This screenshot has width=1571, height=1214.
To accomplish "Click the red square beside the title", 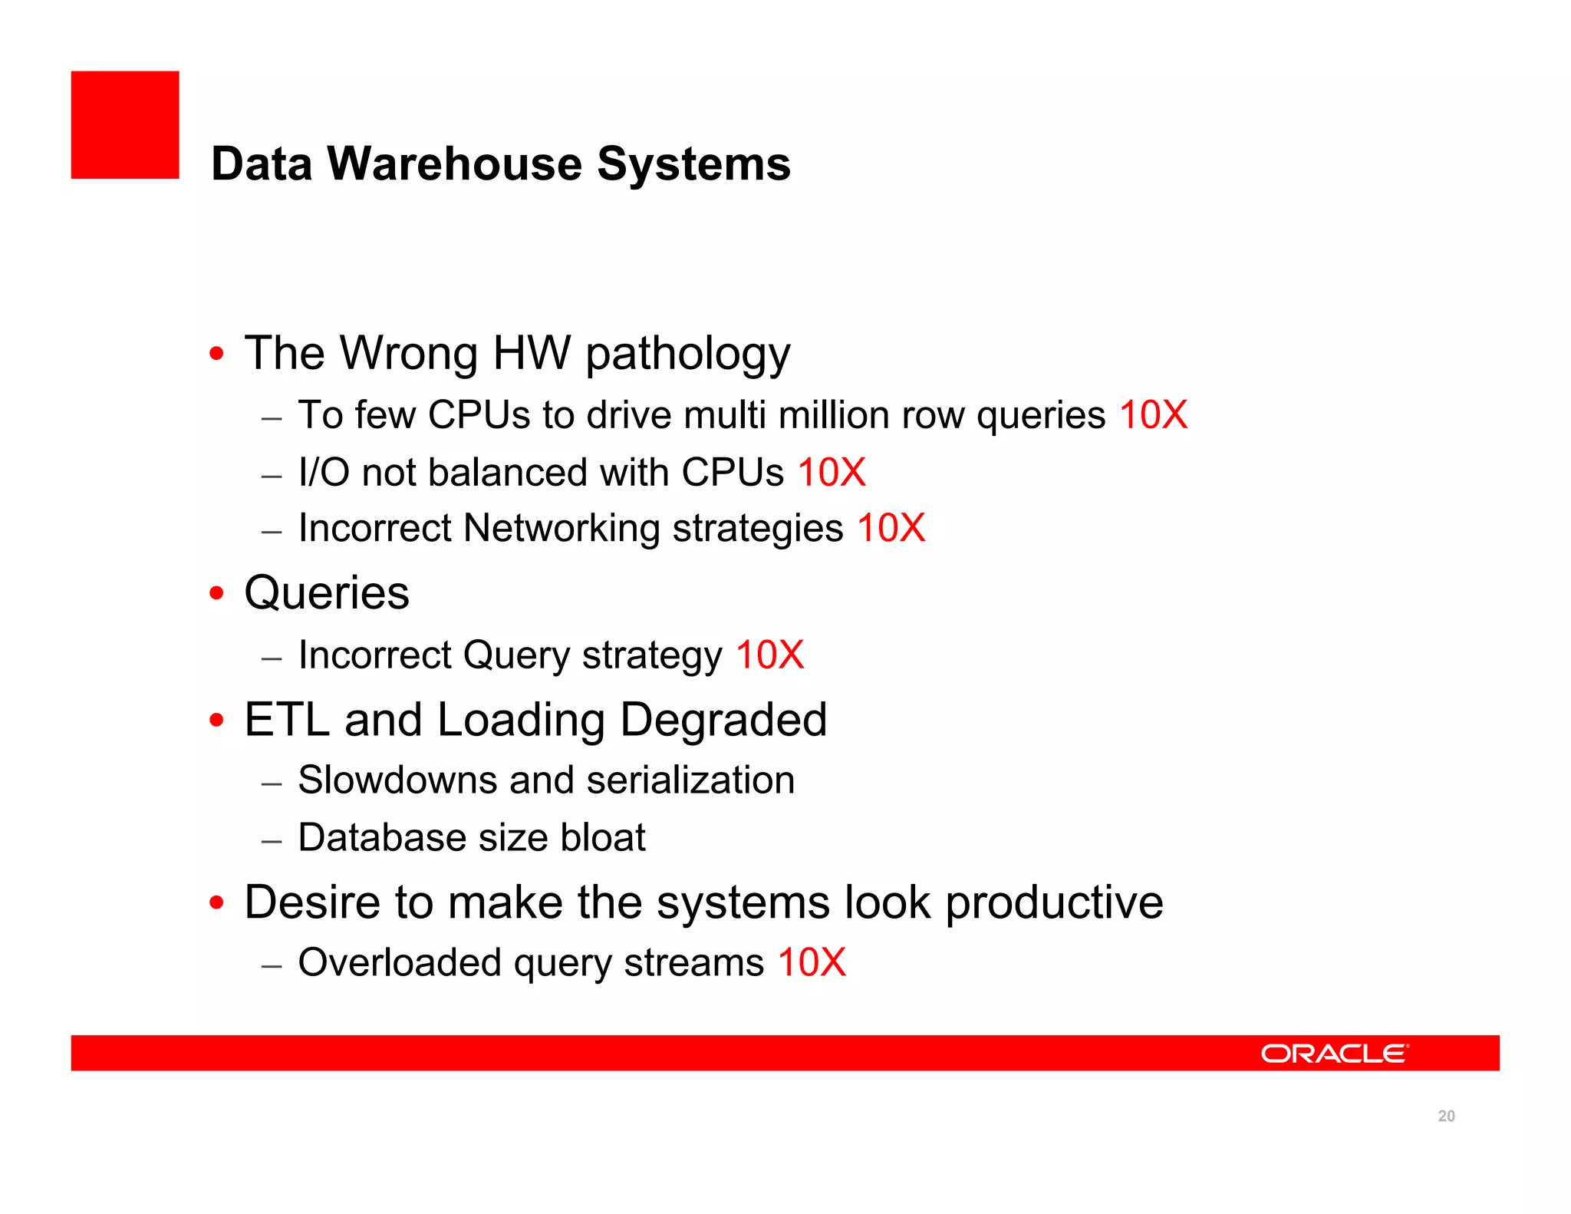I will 125,125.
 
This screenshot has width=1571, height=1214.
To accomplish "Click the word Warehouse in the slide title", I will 455,164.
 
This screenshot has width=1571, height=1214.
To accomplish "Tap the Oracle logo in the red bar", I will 1334,1053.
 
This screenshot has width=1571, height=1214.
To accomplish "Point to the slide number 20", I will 1446,1116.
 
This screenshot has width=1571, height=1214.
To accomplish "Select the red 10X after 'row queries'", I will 1153,415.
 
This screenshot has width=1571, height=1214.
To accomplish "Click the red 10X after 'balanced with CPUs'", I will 832,472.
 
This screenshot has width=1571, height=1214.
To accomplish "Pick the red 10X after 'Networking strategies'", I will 891,529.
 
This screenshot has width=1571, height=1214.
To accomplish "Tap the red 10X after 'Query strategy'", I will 769,655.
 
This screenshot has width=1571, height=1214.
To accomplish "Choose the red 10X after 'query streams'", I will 812,962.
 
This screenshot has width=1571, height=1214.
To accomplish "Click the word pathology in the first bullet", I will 688,355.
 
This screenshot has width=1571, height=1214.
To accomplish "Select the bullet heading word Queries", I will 327,593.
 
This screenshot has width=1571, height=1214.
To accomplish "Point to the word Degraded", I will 723,720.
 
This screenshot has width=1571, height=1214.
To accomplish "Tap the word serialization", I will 690,780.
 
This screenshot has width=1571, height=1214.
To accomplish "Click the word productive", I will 1054,902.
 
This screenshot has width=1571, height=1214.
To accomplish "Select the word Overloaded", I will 399,962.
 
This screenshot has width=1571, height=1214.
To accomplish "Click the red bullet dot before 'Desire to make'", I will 217,902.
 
